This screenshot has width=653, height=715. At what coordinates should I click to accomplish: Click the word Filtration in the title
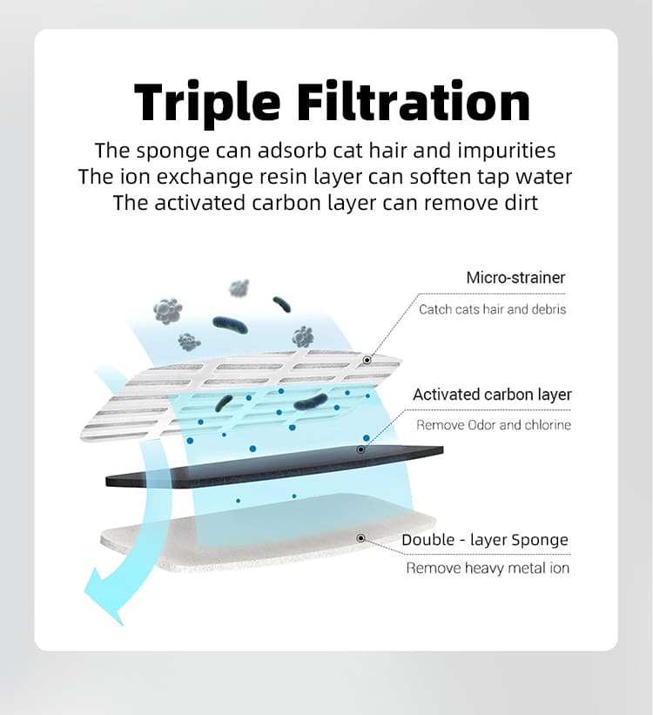(x=414, y=102)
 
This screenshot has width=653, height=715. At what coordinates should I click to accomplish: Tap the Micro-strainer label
(x=515, y=278)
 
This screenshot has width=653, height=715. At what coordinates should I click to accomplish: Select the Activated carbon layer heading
(x=492, y=395)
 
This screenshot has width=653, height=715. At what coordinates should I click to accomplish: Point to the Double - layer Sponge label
(x=485, y=540)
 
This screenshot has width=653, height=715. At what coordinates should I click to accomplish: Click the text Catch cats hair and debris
(x=492, y=309)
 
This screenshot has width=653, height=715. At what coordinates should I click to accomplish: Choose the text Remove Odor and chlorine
(x=494, y=425)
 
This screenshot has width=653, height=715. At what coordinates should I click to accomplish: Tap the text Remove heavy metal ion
(x=488, y=569)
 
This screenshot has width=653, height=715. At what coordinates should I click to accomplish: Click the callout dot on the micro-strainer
(x=367, y=359)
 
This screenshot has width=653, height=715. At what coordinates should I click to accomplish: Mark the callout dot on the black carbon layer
(x=361, y=450)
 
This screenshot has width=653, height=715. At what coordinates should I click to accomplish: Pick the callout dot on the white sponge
(x=359, y=539)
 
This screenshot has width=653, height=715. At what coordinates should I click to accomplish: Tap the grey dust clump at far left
(x=167, y=309)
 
